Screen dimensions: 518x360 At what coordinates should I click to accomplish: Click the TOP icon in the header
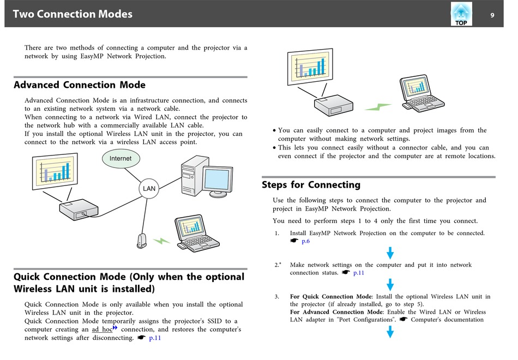[x=461, y=14]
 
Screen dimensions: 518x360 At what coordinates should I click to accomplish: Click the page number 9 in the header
[x=492, y=15]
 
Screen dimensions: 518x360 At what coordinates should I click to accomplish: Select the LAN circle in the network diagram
[x=149, y=188]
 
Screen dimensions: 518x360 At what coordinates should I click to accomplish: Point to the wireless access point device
[x=142, y=241]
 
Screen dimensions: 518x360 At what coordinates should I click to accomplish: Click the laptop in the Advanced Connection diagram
[x=196, y=233]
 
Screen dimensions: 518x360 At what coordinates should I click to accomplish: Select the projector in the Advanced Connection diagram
[x=79, y=209]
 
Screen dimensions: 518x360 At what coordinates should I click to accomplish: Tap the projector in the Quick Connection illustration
[x=333, y=105]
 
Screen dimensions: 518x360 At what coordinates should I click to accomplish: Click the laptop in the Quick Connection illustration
[x=421, y=93]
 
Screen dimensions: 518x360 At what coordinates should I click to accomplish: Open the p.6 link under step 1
[x=305, y=241]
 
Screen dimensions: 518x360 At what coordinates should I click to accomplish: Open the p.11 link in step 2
[x=358, y=273]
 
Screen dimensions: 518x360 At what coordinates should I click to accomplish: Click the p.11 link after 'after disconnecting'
[x=155, y=338]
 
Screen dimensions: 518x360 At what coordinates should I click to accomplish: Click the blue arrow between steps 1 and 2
[x=390, y=253]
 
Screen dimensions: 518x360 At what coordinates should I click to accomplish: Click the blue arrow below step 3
[x=390, y=332]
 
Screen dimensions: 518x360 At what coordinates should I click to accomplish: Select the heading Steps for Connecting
[x=311, y=184]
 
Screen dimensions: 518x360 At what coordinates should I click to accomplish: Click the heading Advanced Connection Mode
[x=79, y=85]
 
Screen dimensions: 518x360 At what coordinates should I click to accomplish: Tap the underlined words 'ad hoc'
[x=102, y=329]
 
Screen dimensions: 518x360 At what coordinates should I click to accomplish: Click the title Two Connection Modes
[x=73, y=14]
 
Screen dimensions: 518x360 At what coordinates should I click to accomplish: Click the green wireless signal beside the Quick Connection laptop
[x=378, y=107]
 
